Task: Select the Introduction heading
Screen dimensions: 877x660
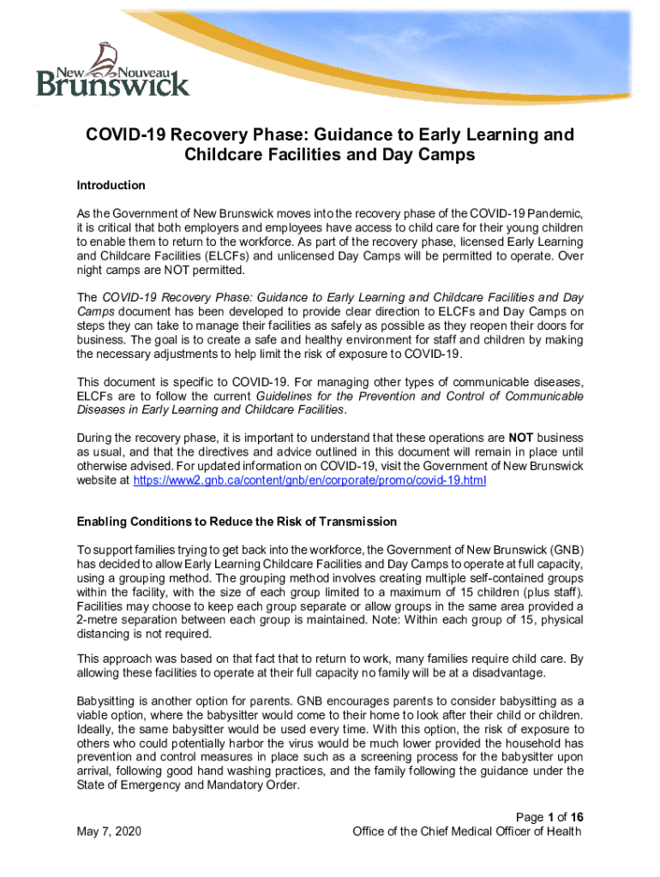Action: [x=111, y=185]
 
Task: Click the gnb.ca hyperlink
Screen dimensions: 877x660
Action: [x=309, y=480]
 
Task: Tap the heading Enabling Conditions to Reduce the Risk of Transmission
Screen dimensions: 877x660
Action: [x=237, y=522]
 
